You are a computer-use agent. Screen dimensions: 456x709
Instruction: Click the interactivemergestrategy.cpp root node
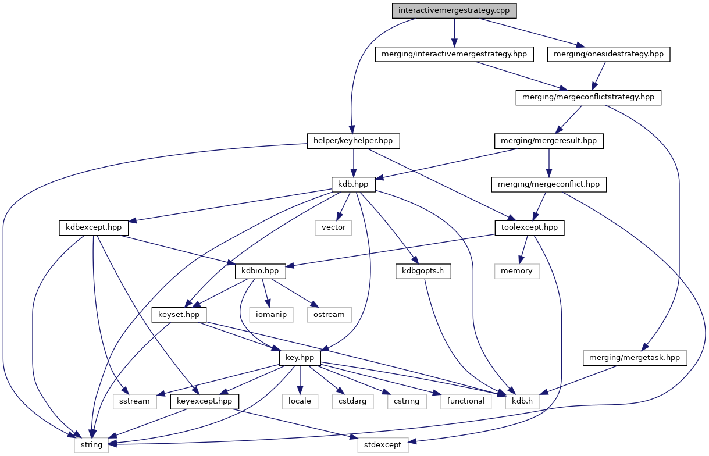click(x=454, y=10)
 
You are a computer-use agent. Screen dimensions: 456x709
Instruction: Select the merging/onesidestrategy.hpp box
click(x=609, y=54)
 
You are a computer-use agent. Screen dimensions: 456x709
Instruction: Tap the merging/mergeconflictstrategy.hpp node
click(x=589, y=97)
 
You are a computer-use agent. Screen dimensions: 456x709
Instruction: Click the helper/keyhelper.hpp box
click(x=354, y=141)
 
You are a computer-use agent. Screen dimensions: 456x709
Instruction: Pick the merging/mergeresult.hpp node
click(x=548, y=141)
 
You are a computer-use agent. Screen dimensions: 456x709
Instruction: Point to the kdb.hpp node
click(x=353, y=184)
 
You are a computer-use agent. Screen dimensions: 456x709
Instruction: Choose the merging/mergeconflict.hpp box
click(x=549, y=184)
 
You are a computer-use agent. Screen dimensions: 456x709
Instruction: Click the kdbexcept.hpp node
click(x=94, y=227)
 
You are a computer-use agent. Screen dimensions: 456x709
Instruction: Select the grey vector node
click(x=334, y=227)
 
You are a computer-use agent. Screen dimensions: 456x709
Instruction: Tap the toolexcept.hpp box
click(x=529, y=227)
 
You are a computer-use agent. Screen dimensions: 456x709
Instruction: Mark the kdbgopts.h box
click(x=423, y=270)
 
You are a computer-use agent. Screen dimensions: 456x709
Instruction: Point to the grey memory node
click(x=516, y=270)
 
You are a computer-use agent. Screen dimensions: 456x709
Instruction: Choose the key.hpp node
click(x=300, y=358)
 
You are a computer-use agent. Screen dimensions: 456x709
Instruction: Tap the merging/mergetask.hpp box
click(x=633, y=358)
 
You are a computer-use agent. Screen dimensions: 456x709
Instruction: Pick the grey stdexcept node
click(x=383, y=445)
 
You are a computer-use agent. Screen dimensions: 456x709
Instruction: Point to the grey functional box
click(x=465, y=401)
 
